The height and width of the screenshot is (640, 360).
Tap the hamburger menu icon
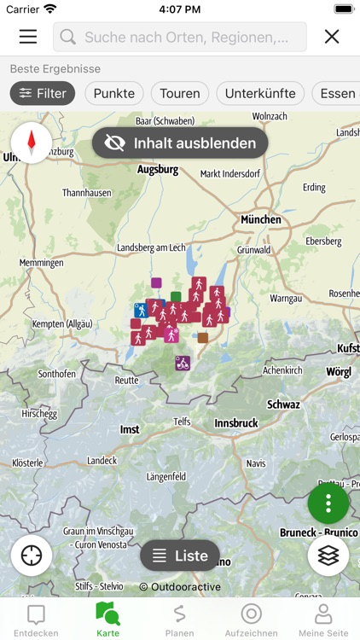pyautogui.click(x=28, y=37)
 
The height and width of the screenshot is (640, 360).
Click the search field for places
pyautogui.click(x=180, y=37)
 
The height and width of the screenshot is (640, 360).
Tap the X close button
pyautogui.click(x=332, y=37)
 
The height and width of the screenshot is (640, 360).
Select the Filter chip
pyautogui.click(x=43, y=93)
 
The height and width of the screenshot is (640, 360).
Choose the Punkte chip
pyautogui.click(x=114, y=93)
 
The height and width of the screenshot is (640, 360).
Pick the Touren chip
pyautogui.click(x=180, y=93)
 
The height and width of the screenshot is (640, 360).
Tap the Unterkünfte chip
pyautogui.click(x=260, y=93)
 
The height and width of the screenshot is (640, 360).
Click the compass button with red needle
pyautogui.click(x=32, y=143)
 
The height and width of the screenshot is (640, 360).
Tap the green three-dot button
pyautogui.click(x=328, y=503)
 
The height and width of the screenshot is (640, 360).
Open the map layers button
pyautogui.click(x=328, y=556)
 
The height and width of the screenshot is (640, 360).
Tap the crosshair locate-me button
pyautogui.click(x=32, y=556)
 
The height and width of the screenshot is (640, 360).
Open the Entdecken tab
pyautogui.click(x=36, y=619)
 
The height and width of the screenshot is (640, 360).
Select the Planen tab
pyautogui.click(x=179, y=619)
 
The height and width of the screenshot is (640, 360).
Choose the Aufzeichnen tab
pyautogui.click(x=251, y=619)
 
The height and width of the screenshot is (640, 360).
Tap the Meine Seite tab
pyautogui.click(x=323, y=619)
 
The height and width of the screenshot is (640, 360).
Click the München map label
pyautogui.click(x=260, y=219)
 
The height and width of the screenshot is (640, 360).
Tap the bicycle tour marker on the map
pyautogui.click(x=182, y=363)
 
